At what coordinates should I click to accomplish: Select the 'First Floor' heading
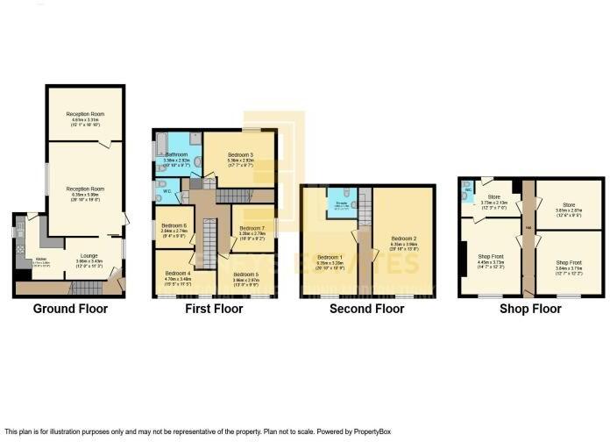214,309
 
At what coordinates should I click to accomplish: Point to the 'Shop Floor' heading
530,309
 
